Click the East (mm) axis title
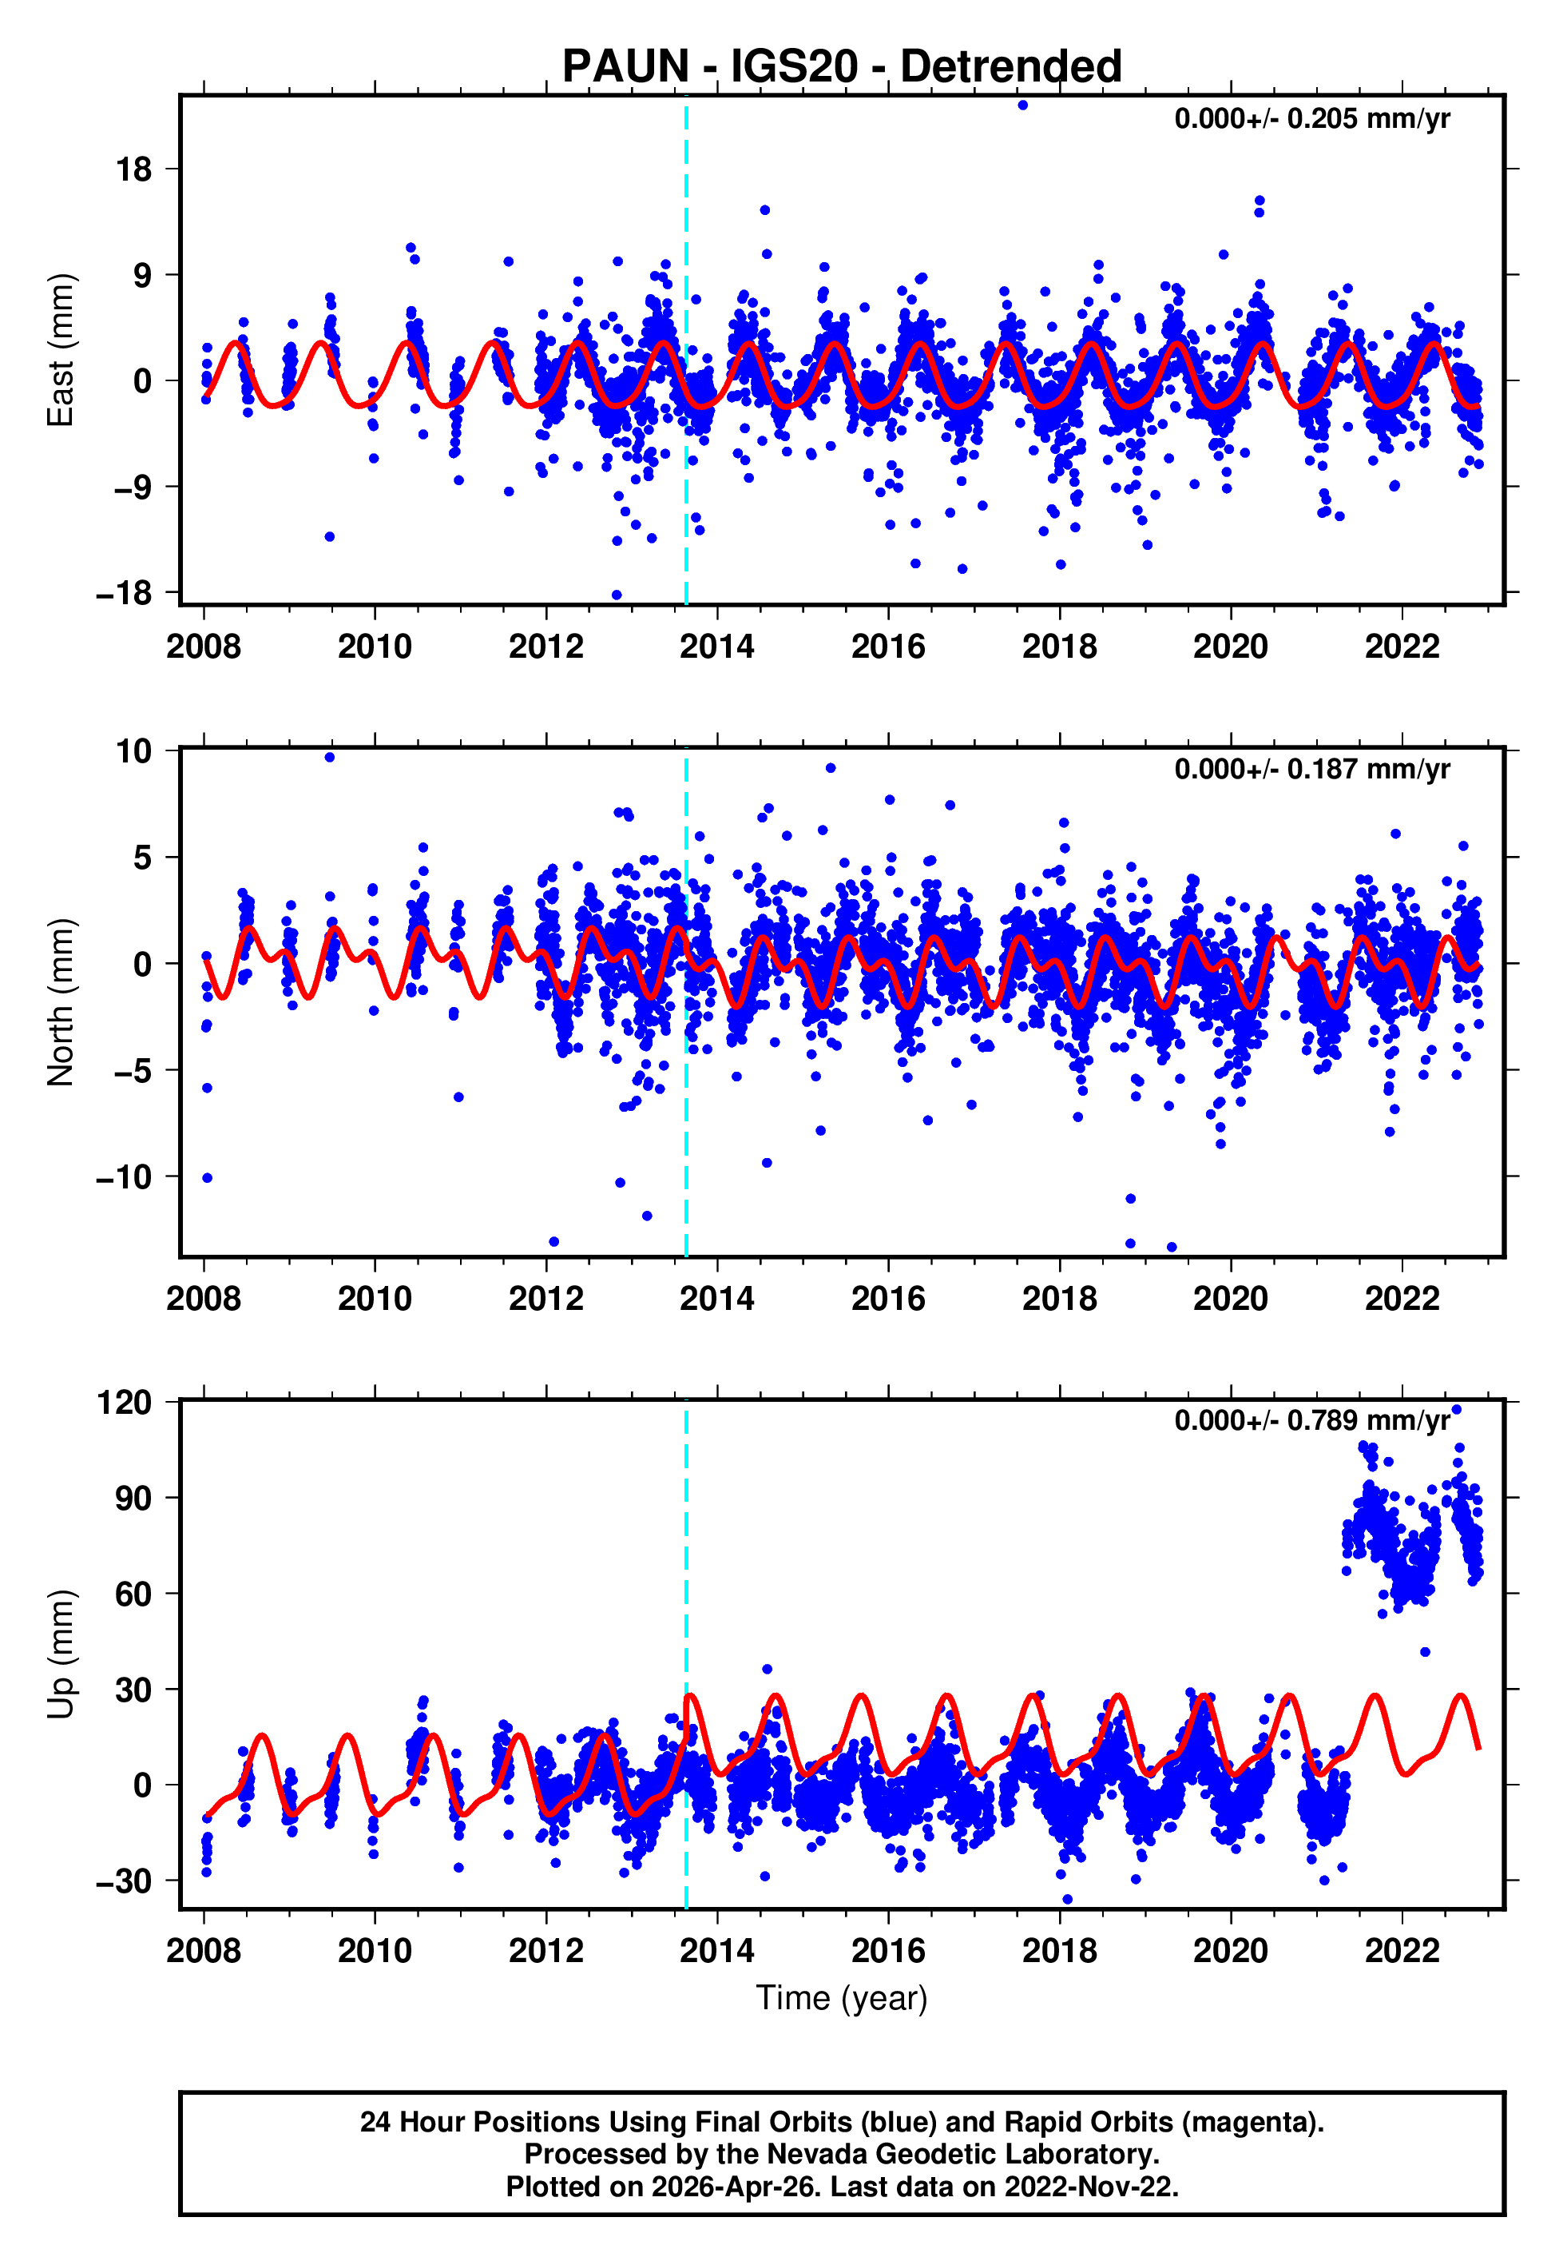click(61, 350)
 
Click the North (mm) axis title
click(61, 1002)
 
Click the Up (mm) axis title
click(61, 1654)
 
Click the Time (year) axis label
click(842, 1998)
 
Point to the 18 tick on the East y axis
click(134, 170)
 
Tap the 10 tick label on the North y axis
click(134, 751)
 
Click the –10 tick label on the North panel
click(125, 1176)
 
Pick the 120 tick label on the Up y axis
click(125, 1403)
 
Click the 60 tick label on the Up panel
click(134, 1594)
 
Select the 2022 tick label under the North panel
click(1401, 1299)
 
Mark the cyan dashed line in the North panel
click(686, 1081)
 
